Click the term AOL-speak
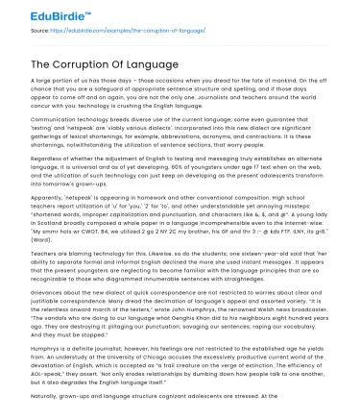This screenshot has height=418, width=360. [46, 373]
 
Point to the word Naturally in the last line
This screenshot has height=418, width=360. [49, 396]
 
